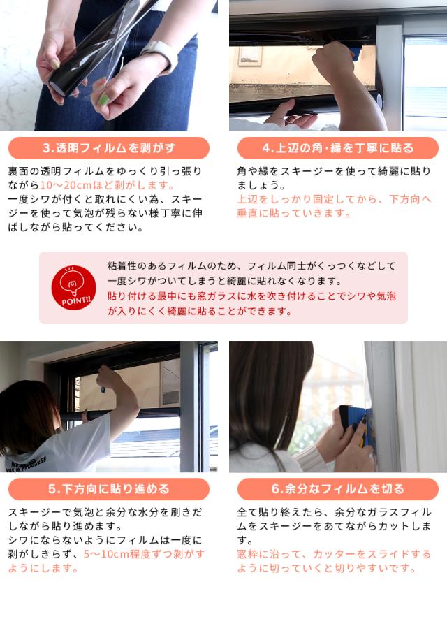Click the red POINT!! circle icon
[74, 287]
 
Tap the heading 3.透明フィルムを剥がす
[109, 148]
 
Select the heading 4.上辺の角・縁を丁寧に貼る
[337, 148]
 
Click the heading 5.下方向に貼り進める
[109, 489]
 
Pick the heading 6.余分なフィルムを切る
[337, 489]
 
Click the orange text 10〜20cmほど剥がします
[108, 185]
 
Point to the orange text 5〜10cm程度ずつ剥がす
[144, 554]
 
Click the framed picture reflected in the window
[251, 57]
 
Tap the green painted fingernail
[103, 99]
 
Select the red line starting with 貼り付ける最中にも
[251, 296]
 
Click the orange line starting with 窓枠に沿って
[334, 554]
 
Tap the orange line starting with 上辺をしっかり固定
[334, 199]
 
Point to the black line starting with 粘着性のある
[251, 266]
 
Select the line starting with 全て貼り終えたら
[334, 512]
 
